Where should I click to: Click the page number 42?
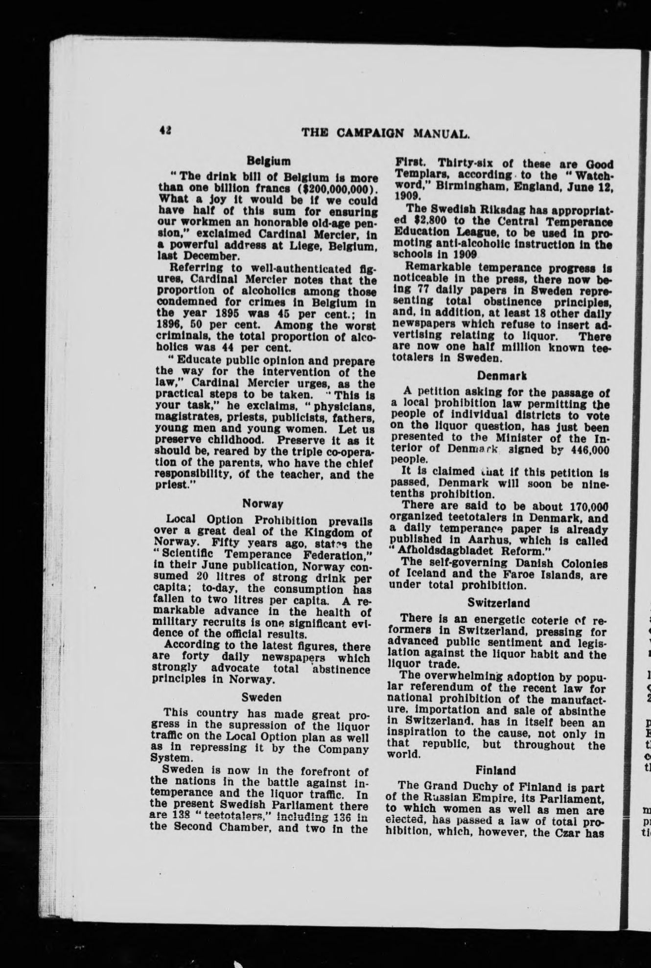(x=164, y=130)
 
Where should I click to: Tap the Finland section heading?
(x=499, y=771)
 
